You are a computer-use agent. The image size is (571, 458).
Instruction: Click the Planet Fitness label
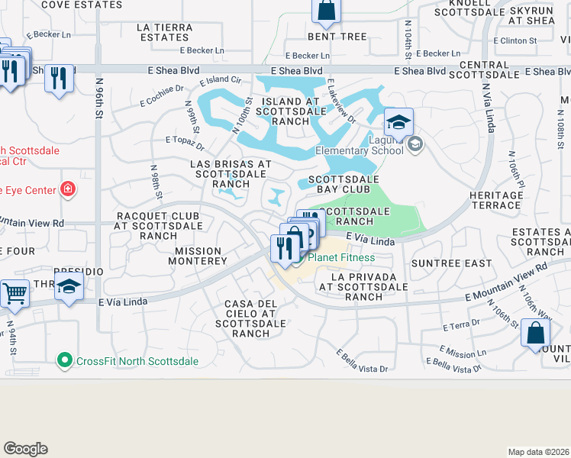(340, 258)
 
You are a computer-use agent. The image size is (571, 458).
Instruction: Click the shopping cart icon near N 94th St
(15, 293)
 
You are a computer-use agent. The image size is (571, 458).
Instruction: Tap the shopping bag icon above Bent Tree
(326, 11)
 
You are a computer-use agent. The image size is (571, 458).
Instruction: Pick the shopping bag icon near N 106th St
(536, 334)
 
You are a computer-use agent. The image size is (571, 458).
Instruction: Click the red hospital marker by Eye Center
(68, 188)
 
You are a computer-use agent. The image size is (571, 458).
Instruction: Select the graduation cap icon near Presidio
(69, 288)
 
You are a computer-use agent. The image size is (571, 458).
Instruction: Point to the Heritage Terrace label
(496, 201)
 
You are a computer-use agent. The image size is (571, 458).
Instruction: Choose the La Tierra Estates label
(164, 31)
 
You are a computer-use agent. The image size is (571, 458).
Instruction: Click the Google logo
(25, 449)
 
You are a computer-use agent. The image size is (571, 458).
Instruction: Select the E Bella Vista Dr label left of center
(362, 360)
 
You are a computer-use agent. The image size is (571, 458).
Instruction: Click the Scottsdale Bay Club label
(344, 184)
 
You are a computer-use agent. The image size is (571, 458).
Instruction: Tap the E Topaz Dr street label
(185, 143)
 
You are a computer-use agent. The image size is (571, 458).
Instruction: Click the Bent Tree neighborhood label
(337, 36)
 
